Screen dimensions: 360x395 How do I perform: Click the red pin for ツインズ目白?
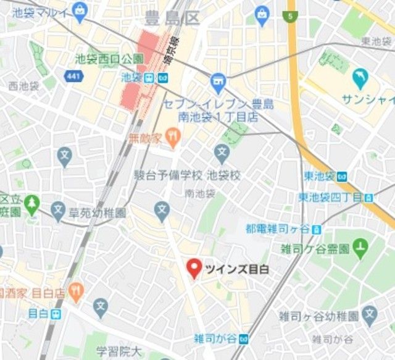194,267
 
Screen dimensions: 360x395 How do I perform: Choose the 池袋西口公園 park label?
109,59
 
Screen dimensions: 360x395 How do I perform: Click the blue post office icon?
217,80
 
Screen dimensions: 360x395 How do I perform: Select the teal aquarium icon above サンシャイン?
359,78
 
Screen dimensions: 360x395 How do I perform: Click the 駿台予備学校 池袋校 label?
187,176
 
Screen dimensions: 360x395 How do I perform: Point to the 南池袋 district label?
199,193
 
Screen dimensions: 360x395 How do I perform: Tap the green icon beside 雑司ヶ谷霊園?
360,248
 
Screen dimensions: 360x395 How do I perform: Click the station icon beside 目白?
56,314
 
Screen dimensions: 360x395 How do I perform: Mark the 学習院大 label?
118,351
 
